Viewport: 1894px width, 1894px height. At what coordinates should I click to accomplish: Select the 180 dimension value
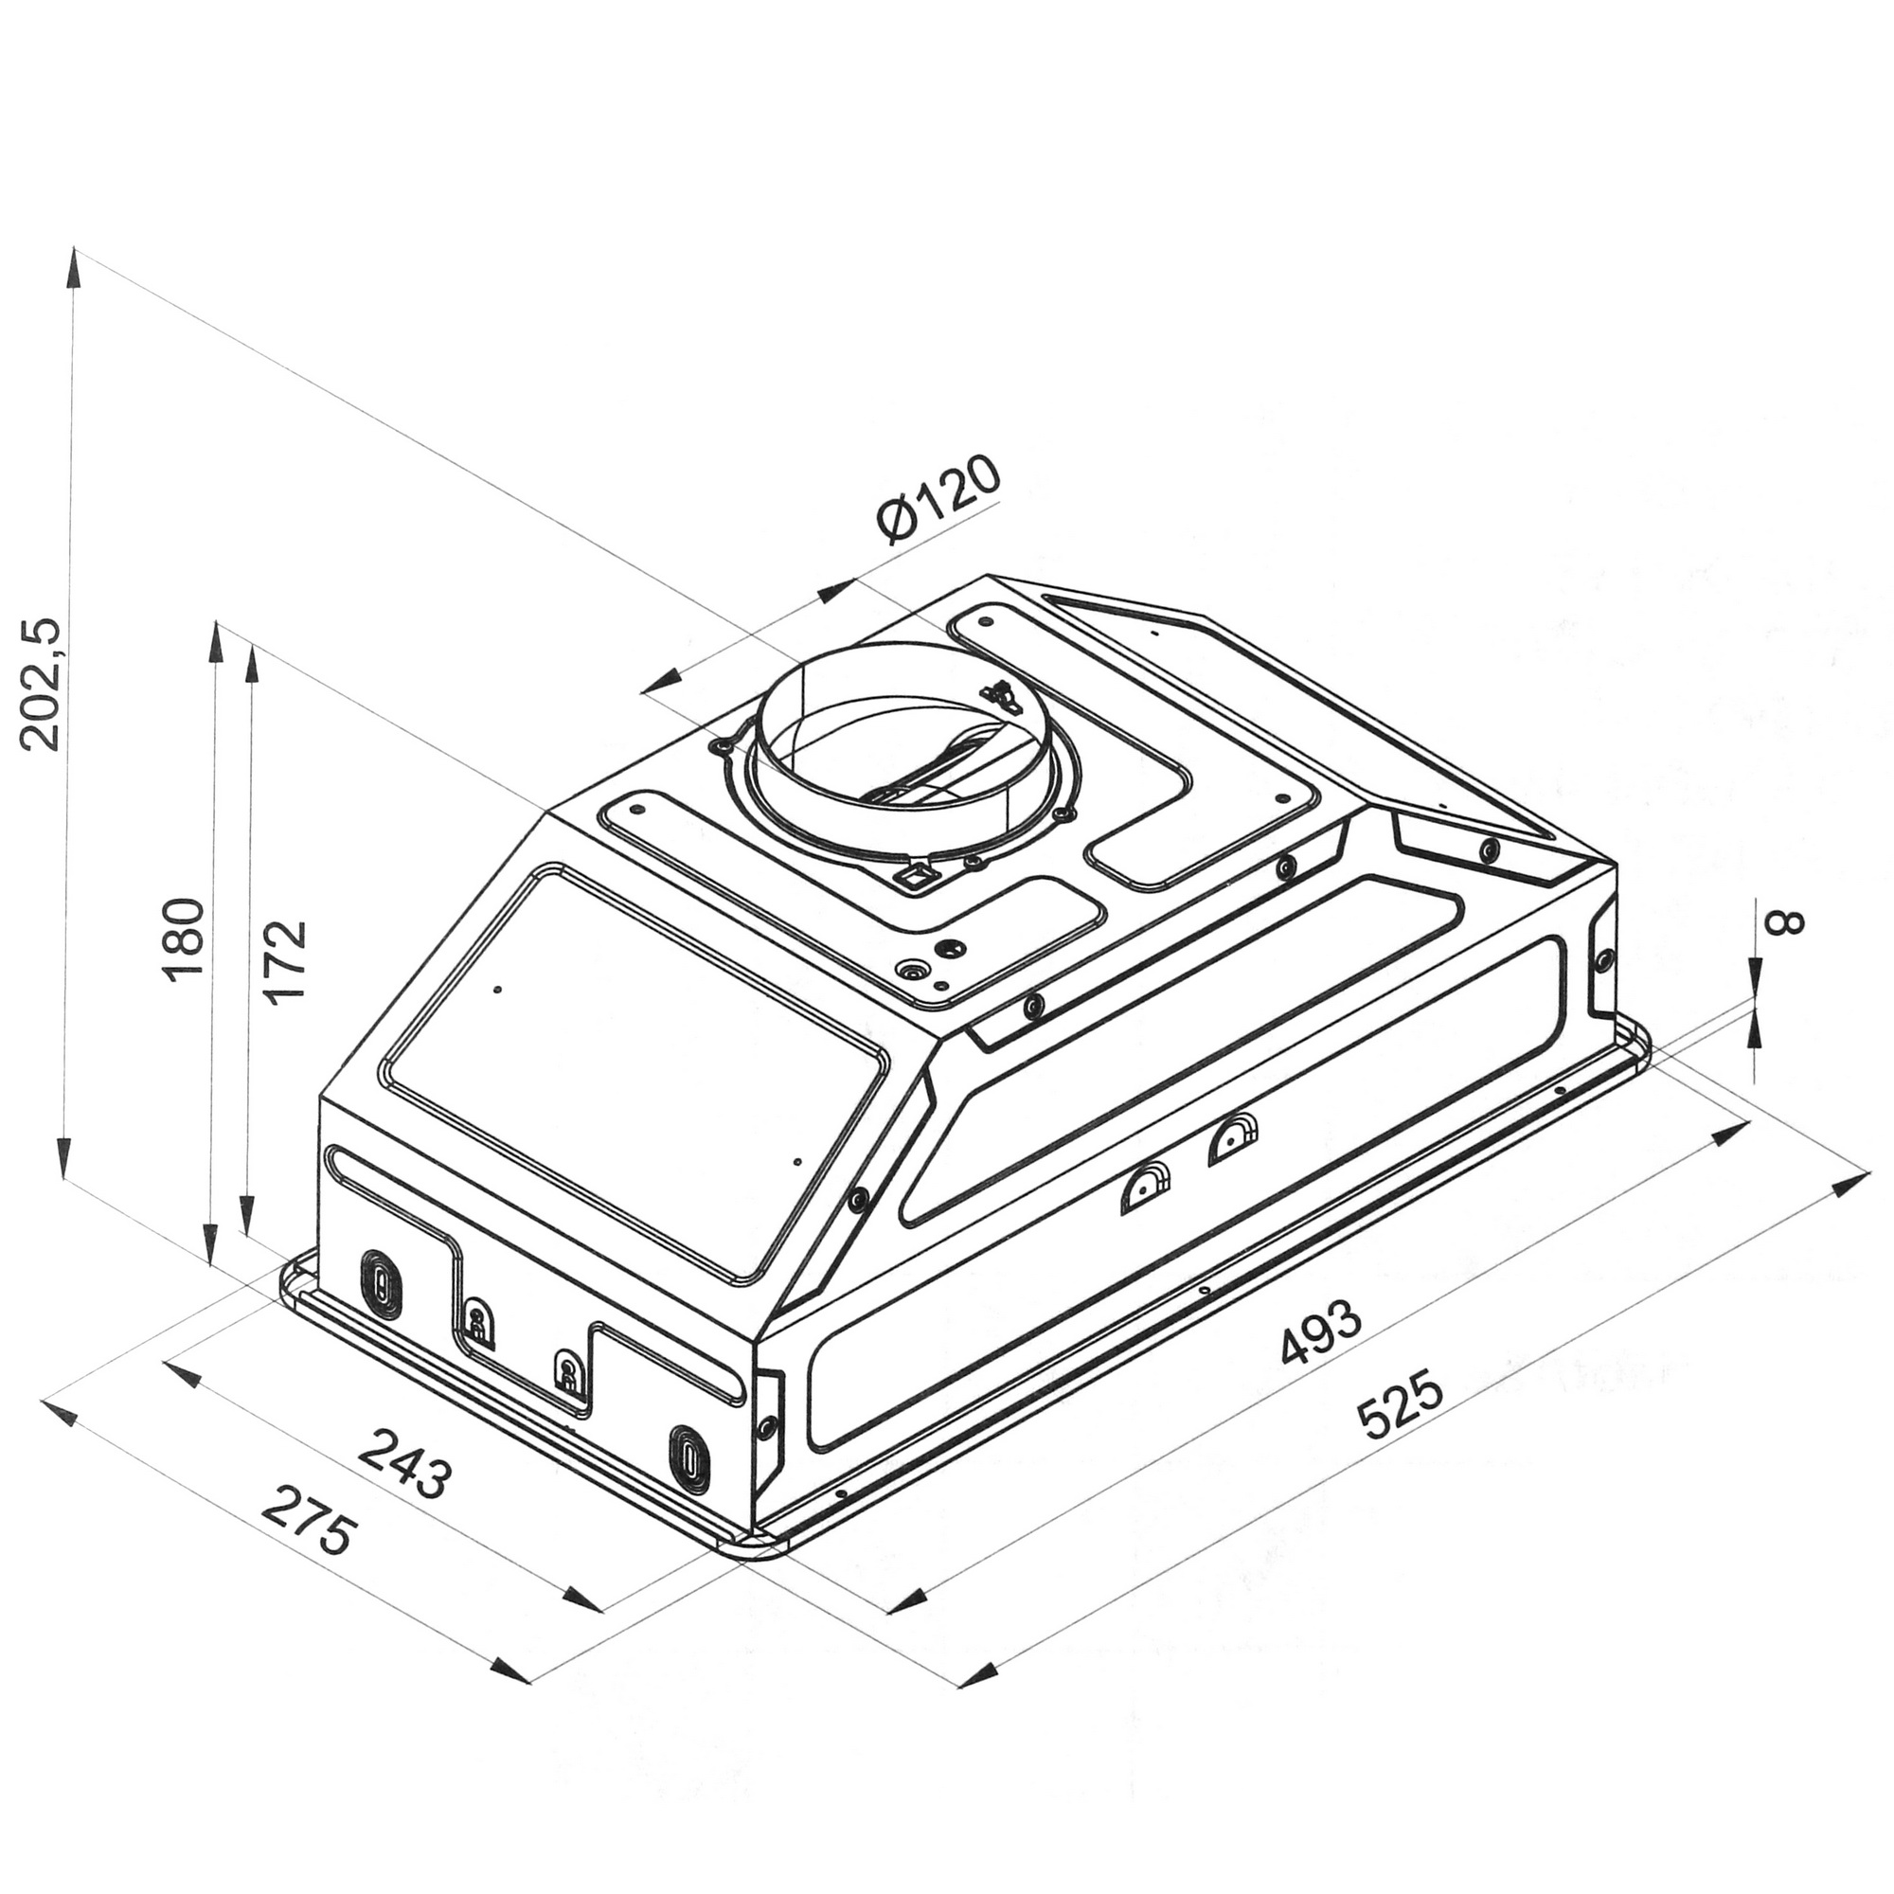(185, 938)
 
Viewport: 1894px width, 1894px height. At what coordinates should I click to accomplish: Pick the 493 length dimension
(1320, 1331)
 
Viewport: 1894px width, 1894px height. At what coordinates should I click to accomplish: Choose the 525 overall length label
(1401, 1407)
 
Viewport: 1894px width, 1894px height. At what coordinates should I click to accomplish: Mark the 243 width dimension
(404, 1463)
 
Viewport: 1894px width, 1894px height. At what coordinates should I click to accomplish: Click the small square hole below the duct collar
(914, 874)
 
